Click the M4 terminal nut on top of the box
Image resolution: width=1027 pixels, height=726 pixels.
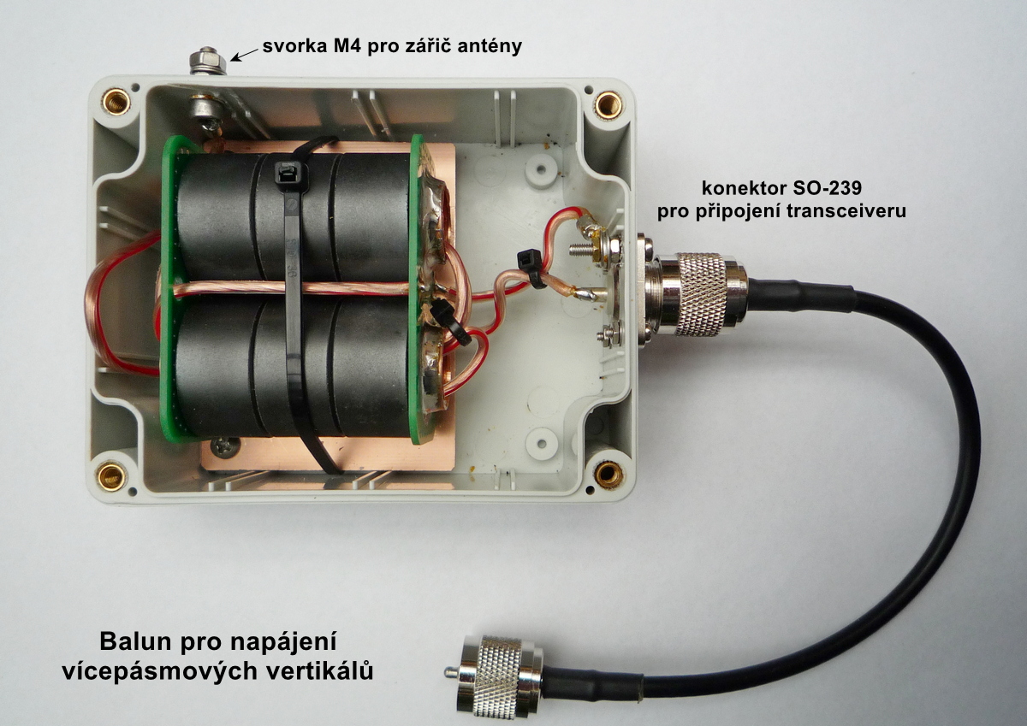[208, 61]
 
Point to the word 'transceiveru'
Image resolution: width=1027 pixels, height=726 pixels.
[846, 211]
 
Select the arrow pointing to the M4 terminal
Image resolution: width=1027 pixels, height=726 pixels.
[245, 55]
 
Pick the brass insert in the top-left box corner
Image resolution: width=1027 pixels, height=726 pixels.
[116, 103]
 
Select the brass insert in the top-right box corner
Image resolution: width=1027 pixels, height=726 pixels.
[608, 104]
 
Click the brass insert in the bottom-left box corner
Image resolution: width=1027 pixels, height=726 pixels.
[111, 476]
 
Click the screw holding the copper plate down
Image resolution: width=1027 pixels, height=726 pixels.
[224, 446]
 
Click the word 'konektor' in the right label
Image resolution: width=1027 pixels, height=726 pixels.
[735, 188]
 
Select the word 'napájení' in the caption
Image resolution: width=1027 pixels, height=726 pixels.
[283, 643]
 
